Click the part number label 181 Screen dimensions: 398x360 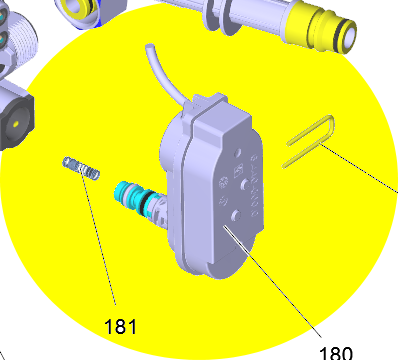click(120, 326)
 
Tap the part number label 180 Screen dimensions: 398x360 click(336, 353)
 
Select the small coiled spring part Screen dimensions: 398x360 click(81, 168)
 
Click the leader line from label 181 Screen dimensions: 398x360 click(97, 236)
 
